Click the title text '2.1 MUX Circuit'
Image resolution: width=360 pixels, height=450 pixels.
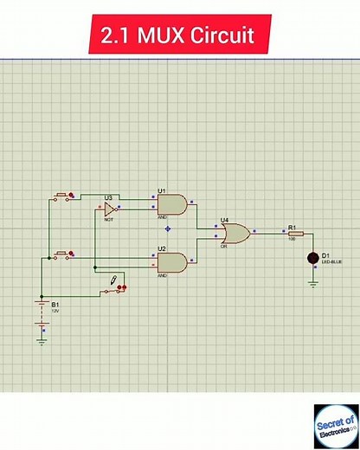click(x=179, y=36)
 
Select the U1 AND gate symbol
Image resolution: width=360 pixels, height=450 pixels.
click(x=172, y=204)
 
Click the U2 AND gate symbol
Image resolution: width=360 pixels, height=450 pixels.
click(x=172, y=262)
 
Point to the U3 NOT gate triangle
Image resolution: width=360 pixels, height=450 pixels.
click(x=109, y=209)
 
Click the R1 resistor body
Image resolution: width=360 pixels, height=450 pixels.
click(x=295, y=234)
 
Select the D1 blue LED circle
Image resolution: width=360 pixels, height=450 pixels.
click(x=313, y=258)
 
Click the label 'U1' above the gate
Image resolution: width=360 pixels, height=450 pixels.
click(x=162, y=190)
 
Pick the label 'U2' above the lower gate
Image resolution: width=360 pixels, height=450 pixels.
click(x=162, y=248)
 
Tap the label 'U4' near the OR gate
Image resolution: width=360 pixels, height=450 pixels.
click(x=224, y=220)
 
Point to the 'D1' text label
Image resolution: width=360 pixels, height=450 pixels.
click(x=325, y=255)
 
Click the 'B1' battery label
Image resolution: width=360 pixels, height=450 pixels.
click(x=55, y=305)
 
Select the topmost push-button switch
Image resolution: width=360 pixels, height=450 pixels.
click(x=63, y=197)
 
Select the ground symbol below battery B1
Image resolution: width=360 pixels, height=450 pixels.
click(x=41, y=341)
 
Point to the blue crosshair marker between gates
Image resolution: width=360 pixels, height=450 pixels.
click(x=168, y=228)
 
